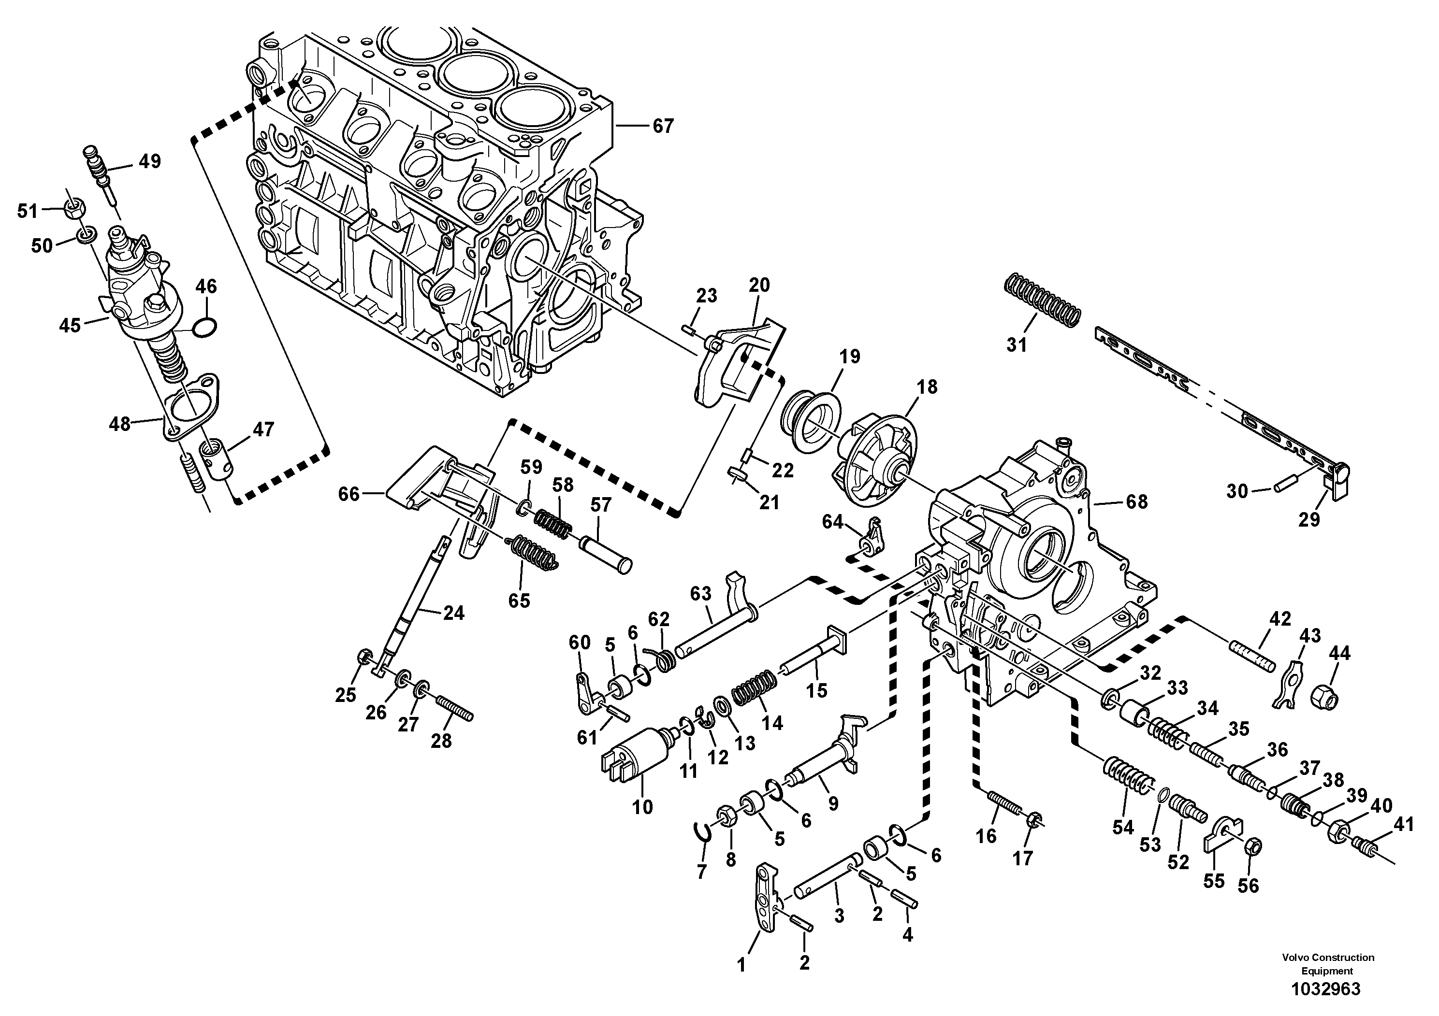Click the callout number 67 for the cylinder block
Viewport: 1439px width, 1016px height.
[x=663, y=126]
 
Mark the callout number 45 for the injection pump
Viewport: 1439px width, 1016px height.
[x=70, y=325]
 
